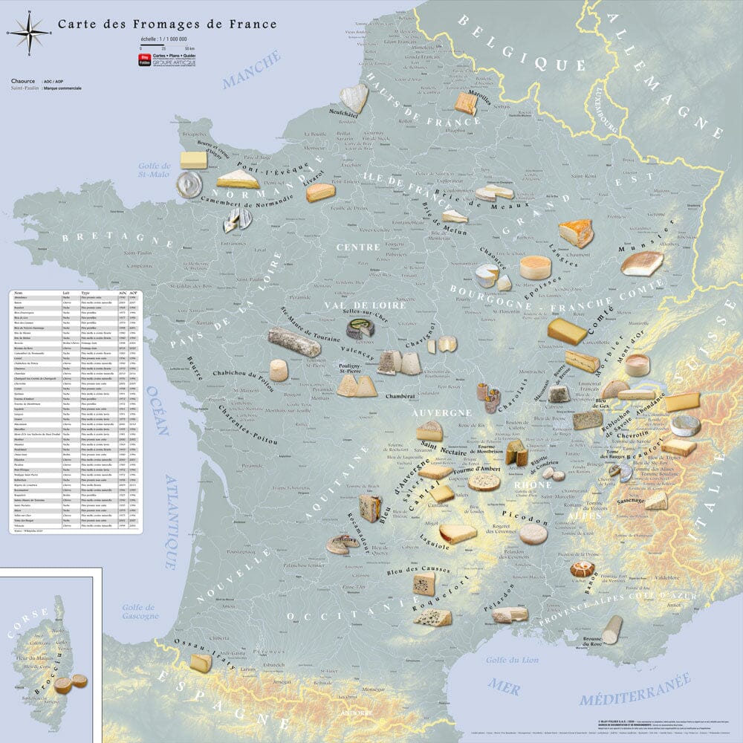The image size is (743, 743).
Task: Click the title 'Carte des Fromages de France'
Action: (x=167, y=25)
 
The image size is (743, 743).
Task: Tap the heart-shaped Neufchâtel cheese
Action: (x=354, y=97)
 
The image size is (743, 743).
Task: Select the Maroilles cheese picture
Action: (x=466, y=103)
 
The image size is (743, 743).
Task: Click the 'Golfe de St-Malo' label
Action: (x=155, y=170)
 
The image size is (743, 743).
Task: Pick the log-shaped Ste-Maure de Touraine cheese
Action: (x=295, y=341)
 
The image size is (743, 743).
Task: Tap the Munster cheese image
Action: (x=642, y=263)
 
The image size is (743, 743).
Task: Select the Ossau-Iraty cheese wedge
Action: (x=201, y=663)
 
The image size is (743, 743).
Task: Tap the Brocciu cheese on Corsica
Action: (x=64, y=685)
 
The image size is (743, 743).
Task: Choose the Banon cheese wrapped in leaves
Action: (x=583, y=570)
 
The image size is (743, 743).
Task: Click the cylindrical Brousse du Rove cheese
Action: (x=612, y=629)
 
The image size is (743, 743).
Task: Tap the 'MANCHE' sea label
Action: (x=253, y=70)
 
